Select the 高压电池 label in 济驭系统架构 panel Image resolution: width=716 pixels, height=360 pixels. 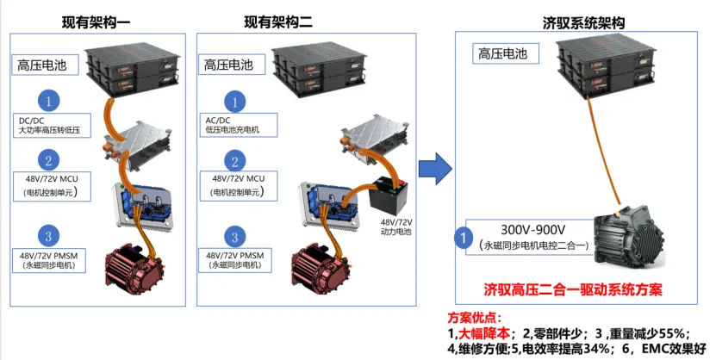pos(505,54)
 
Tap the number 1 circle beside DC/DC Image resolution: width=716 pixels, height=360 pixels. pos(51,102)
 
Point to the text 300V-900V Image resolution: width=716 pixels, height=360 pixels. pos(533,229)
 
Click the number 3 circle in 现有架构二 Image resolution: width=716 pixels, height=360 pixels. pos(233,235)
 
